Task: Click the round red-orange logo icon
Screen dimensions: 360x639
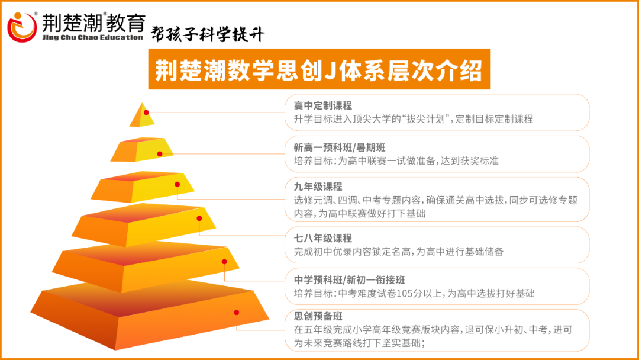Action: point(22,27)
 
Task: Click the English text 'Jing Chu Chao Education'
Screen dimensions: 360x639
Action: point(93,37)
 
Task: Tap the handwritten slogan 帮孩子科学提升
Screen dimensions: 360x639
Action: point(208,34)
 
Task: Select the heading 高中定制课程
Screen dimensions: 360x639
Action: point(323,105)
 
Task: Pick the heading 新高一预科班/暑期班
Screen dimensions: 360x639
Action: point(340,147)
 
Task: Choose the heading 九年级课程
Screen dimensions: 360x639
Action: point(318,187)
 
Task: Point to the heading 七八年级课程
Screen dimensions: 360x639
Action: point(323,238)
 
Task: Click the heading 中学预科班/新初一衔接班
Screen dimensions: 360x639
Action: point(350,279)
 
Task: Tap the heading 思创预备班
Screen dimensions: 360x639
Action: point(318,316)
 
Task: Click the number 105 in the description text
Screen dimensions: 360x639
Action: point(408,293)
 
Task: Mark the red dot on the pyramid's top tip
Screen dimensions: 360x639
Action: point(146,112)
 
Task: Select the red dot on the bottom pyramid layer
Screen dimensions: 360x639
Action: point(236,312)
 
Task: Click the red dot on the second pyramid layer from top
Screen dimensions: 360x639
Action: point(160,154)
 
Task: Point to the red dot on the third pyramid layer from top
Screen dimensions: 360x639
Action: point(177,184)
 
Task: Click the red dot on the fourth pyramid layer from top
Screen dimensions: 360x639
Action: point(199,218)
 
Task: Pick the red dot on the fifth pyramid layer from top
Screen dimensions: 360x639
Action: point(224,262)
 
